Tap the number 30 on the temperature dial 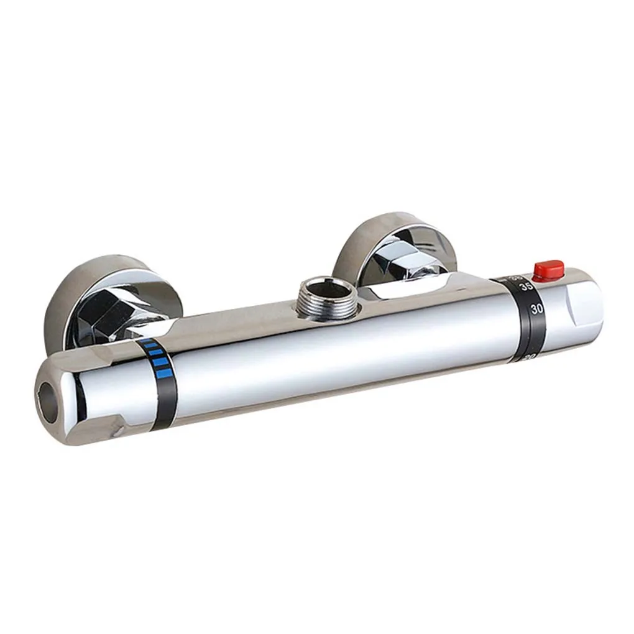click(x=521, y=308)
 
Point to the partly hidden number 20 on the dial click(x=529, y=357)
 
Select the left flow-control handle click(x=93, y=398)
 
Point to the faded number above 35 click(x=515, y=278)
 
